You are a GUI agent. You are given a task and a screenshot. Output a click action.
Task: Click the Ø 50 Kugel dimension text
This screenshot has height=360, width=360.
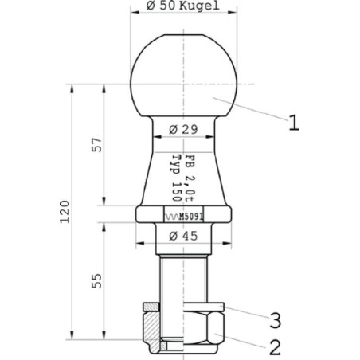[183, 6]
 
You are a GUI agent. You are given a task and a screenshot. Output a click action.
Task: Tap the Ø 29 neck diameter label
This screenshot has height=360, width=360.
[183, 130]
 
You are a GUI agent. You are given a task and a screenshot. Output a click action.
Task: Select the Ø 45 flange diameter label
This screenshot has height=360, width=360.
[183, 236]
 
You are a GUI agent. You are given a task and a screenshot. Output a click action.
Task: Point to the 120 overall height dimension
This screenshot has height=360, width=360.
[65, 212]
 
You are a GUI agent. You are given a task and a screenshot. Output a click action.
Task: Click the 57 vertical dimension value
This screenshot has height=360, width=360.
[96, 145]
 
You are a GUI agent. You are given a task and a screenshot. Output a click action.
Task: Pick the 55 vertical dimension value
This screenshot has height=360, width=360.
[96, 280]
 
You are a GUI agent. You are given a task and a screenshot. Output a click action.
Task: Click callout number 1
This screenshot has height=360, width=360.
[294, 123]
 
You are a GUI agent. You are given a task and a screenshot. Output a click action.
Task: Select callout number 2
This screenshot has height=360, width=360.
[276, 347]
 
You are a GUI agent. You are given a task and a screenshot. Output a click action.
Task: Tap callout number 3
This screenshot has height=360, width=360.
[276, 320]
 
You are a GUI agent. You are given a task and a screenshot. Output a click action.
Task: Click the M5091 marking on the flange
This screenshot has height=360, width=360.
[191, 217]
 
